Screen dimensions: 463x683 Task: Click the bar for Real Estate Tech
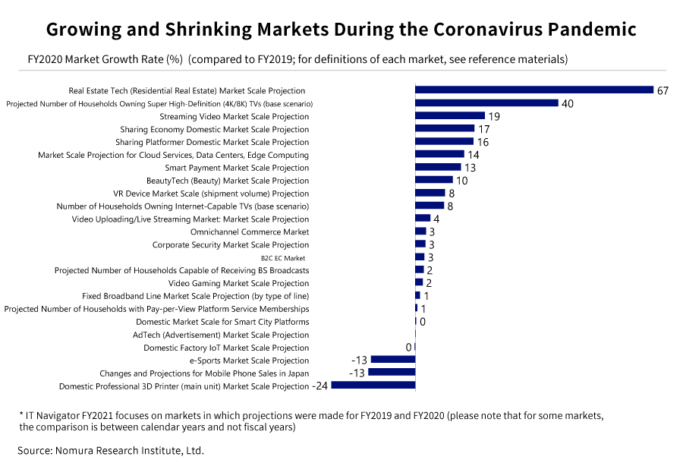[533, 90]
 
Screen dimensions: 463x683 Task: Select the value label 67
[663, 90]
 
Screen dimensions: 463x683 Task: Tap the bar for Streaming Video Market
[449, 115]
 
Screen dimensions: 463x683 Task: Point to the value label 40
[567, 103]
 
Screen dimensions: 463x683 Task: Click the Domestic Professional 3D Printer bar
[373, 386]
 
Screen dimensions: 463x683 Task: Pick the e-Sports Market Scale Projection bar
[392, 360]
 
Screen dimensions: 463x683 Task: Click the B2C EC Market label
[283, 258]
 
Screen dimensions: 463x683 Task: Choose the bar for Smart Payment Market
[438, 167]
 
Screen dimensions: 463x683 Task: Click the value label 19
[493, 116]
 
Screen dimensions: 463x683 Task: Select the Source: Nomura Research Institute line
[111, 450]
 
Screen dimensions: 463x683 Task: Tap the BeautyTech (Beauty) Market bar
[433, 180]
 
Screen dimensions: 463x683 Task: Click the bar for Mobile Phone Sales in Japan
[392, 373]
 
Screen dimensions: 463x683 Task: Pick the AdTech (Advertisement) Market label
[221, 335]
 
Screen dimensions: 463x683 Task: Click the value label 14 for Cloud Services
[473, 155]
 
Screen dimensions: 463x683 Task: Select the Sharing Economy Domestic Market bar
[444, 128]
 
